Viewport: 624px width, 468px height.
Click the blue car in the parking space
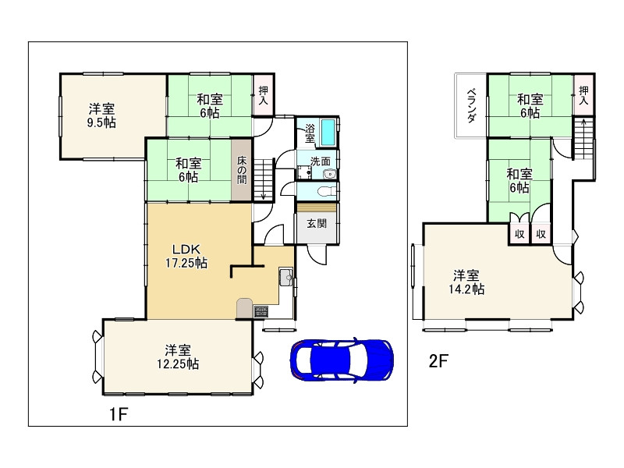point(342,360)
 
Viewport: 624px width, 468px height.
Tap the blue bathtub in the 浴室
point(328,133)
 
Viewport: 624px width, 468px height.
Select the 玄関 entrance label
point(317,223)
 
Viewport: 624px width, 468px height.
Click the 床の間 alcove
point(242,170)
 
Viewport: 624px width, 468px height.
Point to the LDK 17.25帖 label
point(186,256)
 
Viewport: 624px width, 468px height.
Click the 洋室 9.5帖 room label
point(101,115)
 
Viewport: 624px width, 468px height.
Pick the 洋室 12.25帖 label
point(178,357)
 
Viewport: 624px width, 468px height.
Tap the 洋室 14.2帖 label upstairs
point(466,282)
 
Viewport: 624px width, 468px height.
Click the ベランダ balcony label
point(472,105)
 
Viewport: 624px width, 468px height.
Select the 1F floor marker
point(119,415)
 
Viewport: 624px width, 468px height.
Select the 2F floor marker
point(438,361)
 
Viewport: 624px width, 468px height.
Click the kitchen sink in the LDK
point(285,277)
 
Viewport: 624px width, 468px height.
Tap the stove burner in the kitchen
point(261,310)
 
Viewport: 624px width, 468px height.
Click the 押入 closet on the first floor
point(264,95)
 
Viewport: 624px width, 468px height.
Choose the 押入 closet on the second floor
point(583,95)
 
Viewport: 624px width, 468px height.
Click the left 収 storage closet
point(519,234)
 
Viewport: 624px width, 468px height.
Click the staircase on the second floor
point(583,138)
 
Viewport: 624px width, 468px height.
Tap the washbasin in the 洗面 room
point(329,173)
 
